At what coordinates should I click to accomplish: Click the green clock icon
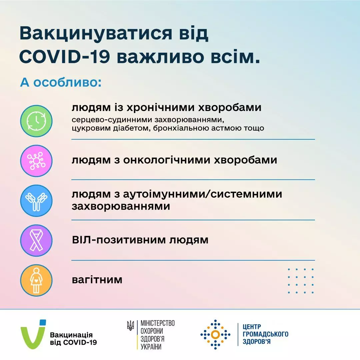tap(36, 121)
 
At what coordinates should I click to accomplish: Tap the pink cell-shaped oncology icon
tap(36, 161)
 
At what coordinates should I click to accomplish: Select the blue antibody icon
tap(36, 201)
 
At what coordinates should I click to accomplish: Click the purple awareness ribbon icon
tap(36, 240)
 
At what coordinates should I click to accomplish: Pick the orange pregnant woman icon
tap(36, 280)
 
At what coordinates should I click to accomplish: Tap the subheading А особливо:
tap(60, 82)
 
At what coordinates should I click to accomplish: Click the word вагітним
tap(97, 280)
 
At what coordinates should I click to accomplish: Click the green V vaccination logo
tap(33, 334)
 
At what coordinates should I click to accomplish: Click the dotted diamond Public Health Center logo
tap(215, 334)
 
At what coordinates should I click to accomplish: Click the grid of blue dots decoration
tap(301, 281)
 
